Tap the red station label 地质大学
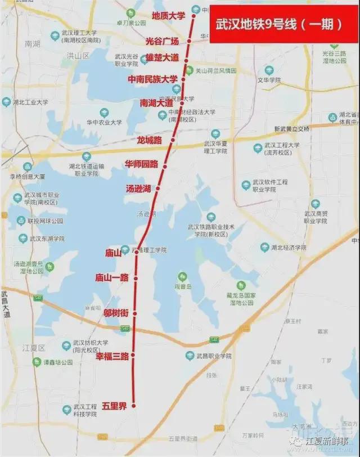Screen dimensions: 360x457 point(169,16)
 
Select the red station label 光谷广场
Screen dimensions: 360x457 point(162,42)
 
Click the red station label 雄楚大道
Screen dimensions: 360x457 point(162,58)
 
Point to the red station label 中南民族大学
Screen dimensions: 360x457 point(152,79)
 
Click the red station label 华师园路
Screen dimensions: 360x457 point(141,164)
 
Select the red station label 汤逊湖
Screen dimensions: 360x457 point(138,189)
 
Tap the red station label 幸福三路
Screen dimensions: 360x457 point(112,356)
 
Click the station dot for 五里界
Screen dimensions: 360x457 point(134,405)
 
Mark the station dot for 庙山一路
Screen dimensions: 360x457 point(135,277)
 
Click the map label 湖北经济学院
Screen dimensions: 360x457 point(287,248)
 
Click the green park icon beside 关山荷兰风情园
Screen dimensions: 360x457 point(190,71)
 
